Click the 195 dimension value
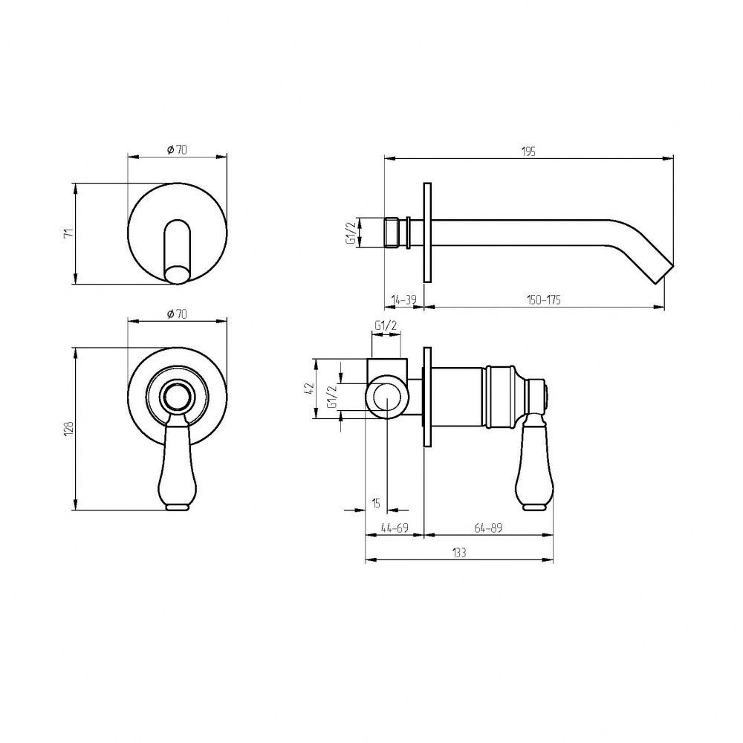[x=528, y=152]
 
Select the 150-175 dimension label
[x=544, y=300]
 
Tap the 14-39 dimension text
[x=403, y=300]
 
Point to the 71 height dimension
[x=69, y=233]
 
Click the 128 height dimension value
[x=69, y=429]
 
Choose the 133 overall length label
[x=459, y=553]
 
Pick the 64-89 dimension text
[x=488, y=528]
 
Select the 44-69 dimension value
[x=395, y=528]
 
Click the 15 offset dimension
[x=376, y=503]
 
